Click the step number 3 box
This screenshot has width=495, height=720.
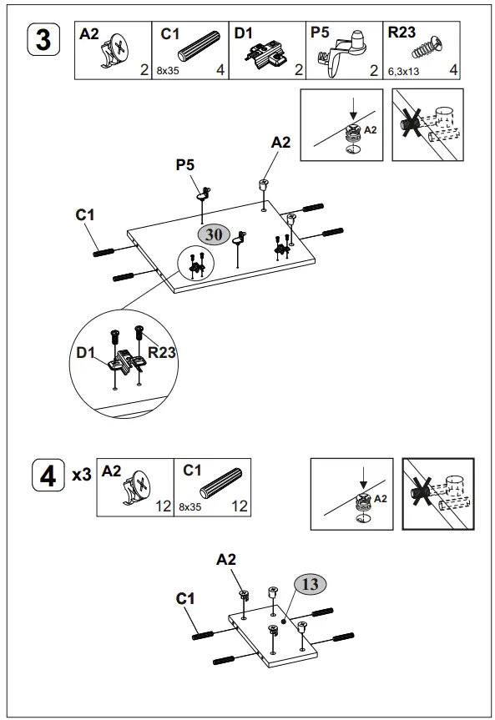click(x=43, y=39)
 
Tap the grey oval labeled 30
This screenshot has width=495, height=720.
click(x=214, y=234)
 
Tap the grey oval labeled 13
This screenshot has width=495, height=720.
click(x=311, y=584)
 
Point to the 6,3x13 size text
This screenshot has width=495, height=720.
click(x=403, y=72)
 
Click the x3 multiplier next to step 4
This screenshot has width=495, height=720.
click(x=82, y=475)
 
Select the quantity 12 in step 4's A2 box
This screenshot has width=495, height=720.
click(x=163, y=506)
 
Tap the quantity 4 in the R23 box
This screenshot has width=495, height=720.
click(x=453, y=70)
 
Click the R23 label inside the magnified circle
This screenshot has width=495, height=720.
click(x=162, y=352)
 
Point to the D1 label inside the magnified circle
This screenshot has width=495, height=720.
click(x=85, y=353)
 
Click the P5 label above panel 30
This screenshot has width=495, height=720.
click(x=185, y=164)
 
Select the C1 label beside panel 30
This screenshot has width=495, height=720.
click(x=85, y=214)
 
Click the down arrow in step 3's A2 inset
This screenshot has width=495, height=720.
click(x=352, y=110)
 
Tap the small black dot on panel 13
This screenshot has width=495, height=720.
click(x=284, y=622)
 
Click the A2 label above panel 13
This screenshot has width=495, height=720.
click(x=226, y=559)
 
